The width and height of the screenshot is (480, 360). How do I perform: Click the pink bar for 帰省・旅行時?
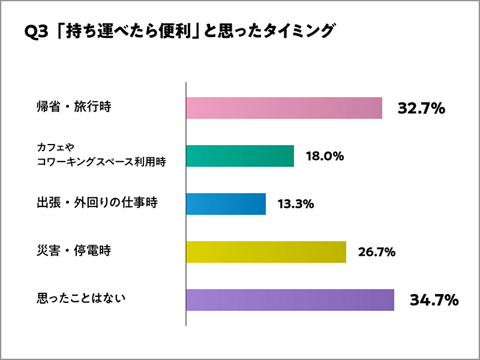tap(284, 108)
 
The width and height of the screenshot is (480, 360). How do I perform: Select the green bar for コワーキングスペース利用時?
tap(240, 156)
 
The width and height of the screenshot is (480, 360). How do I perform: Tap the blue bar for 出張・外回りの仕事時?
tap(226, 204)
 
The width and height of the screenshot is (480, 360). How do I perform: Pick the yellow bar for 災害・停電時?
tap(266, 252)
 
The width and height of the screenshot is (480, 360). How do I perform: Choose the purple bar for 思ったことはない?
tap(290, 299)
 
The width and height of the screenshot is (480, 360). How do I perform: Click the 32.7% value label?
tap(421, 109)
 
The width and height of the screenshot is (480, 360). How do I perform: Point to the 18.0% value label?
tap(324, 157)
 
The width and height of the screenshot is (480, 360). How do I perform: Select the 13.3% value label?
tap(296, 205)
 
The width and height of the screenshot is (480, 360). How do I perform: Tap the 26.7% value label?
tap(376, 252)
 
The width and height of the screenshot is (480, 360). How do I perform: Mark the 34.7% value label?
tap(434, 300)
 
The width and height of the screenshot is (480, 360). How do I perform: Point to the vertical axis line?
tap(186, 204)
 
